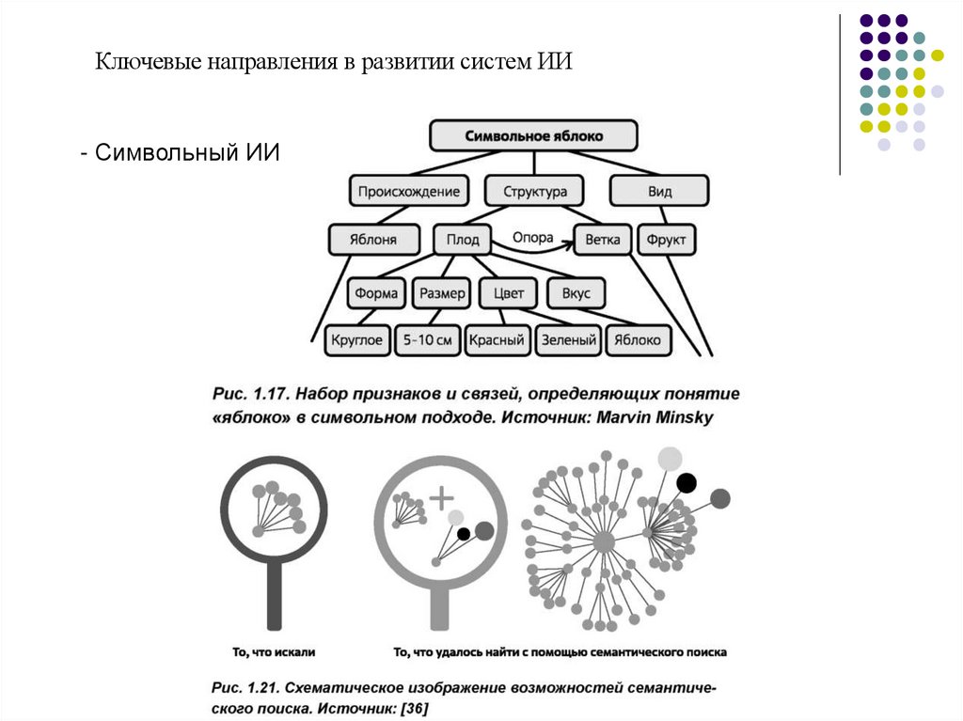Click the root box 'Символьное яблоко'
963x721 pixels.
tap(533, 135)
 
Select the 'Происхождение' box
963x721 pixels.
tap(409, 192)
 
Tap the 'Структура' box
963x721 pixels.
tap(534, 192)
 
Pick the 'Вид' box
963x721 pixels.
tap(659, 192)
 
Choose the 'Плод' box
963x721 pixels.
tap(462, 240)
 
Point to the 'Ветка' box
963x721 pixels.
tap(602, 240)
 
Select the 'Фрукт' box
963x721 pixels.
tap(667, 240)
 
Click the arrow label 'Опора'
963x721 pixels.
tap(532, 238)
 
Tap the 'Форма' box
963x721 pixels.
tap(377, 293)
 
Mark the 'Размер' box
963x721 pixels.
tap(442, 293)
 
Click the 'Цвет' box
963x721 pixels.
tap(508, 293)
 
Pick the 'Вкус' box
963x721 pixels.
tap(576, 293)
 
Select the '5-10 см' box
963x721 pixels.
tap(428, 340)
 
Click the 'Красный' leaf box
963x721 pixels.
tap(497, 340)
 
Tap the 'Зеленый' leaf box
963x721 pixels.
tap(569, 340)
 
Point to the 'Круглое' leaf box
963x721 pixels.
tap(357, 340)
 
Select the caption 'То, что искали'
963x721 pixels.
tap(274, 650)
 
